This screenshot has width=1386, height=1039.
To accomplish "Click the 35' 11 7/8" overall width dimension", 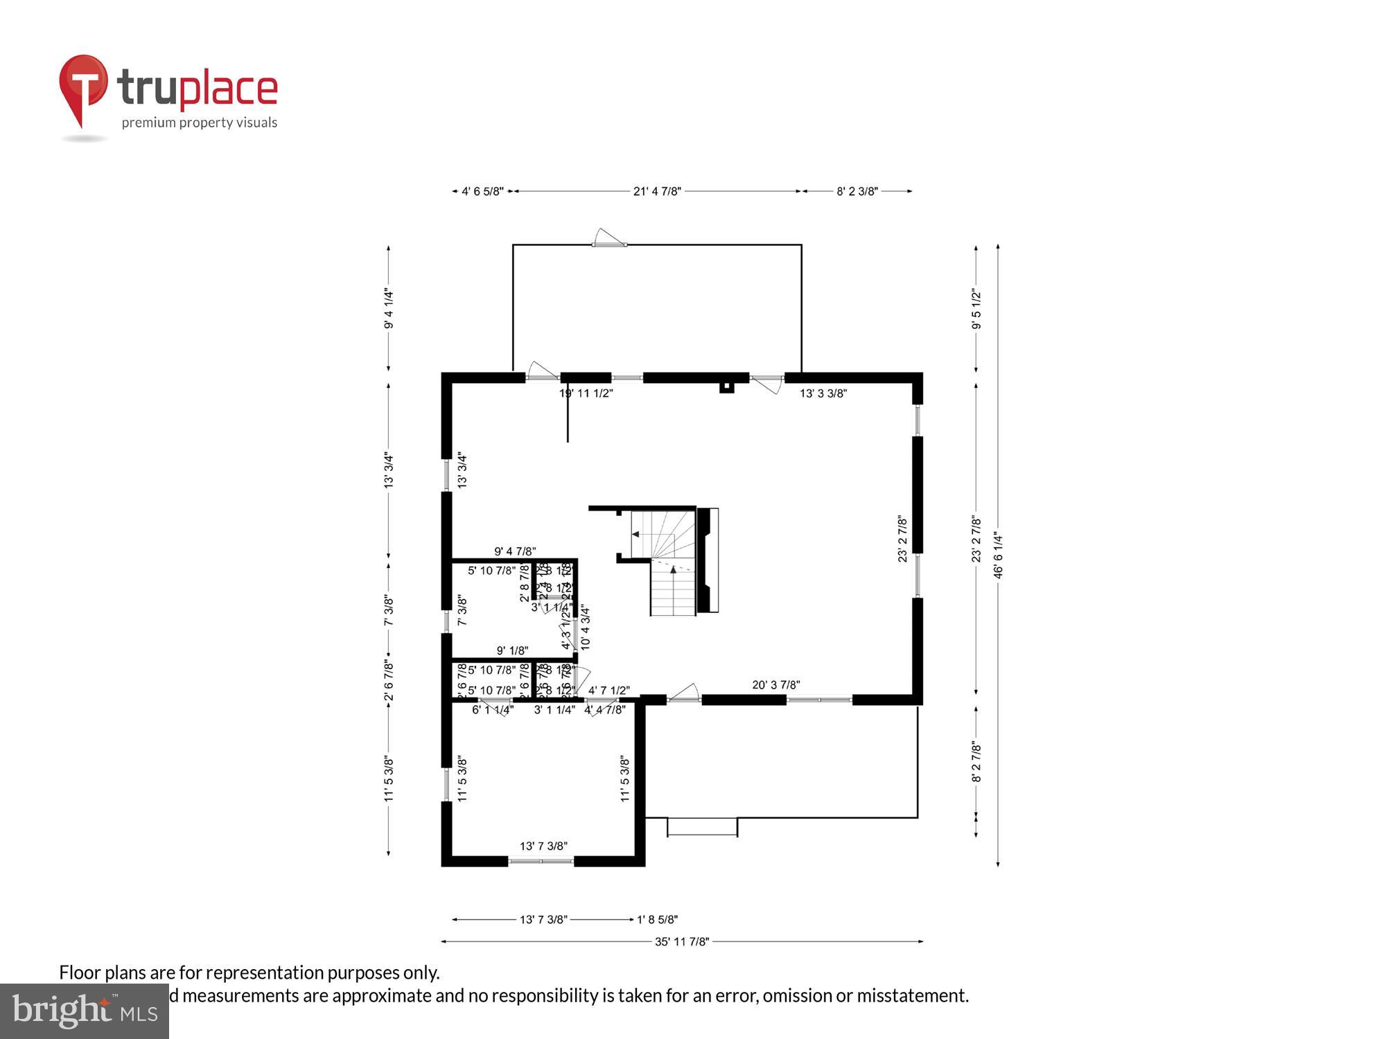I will [682, 941].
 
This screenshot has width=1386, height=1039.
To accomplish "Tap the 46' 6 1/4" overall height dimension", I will [998, 555].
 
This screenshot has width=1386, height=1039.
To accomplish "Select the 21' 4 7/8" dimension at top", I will [657, 191].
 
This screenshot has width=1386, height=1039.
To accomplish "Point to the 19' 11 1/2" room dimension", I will [586, 393].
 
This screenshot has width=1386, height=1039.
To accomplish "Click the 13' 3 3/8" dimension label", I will [823, 393].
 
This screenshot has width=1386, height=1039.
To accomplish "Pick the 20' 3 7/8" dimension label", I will [776, 685].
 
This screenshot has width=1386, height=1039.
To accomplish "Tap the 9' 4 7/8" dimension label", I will [515, 551].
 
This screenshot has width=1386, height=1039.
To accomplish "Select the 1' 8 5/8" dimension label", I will [657, 920].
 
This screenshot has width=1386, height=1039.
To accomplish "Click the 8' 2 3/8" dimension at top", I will [857, 191].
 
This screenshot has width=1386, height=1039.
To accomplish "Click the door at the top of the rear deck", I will [608, 240].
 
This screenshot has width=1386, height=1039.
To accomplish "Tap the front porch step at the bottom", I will [702, 826].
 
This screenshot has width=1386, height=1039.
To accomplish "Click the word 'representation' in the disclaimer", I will [265, 973].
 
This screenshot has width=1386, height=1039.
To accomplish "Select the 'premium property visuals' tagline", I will [200, 123].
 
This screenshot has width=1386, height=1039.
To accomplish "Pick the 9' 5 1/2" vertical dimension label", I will [976, 309].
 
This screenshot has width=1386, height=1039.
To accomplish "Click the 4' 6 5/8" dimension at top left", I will [482, 191].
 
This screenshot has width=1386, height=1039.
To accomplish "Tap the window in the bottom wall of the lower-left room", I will [541, 861].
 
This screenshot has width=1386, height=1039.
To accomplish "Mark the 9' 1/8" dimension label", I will [512, 650].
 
